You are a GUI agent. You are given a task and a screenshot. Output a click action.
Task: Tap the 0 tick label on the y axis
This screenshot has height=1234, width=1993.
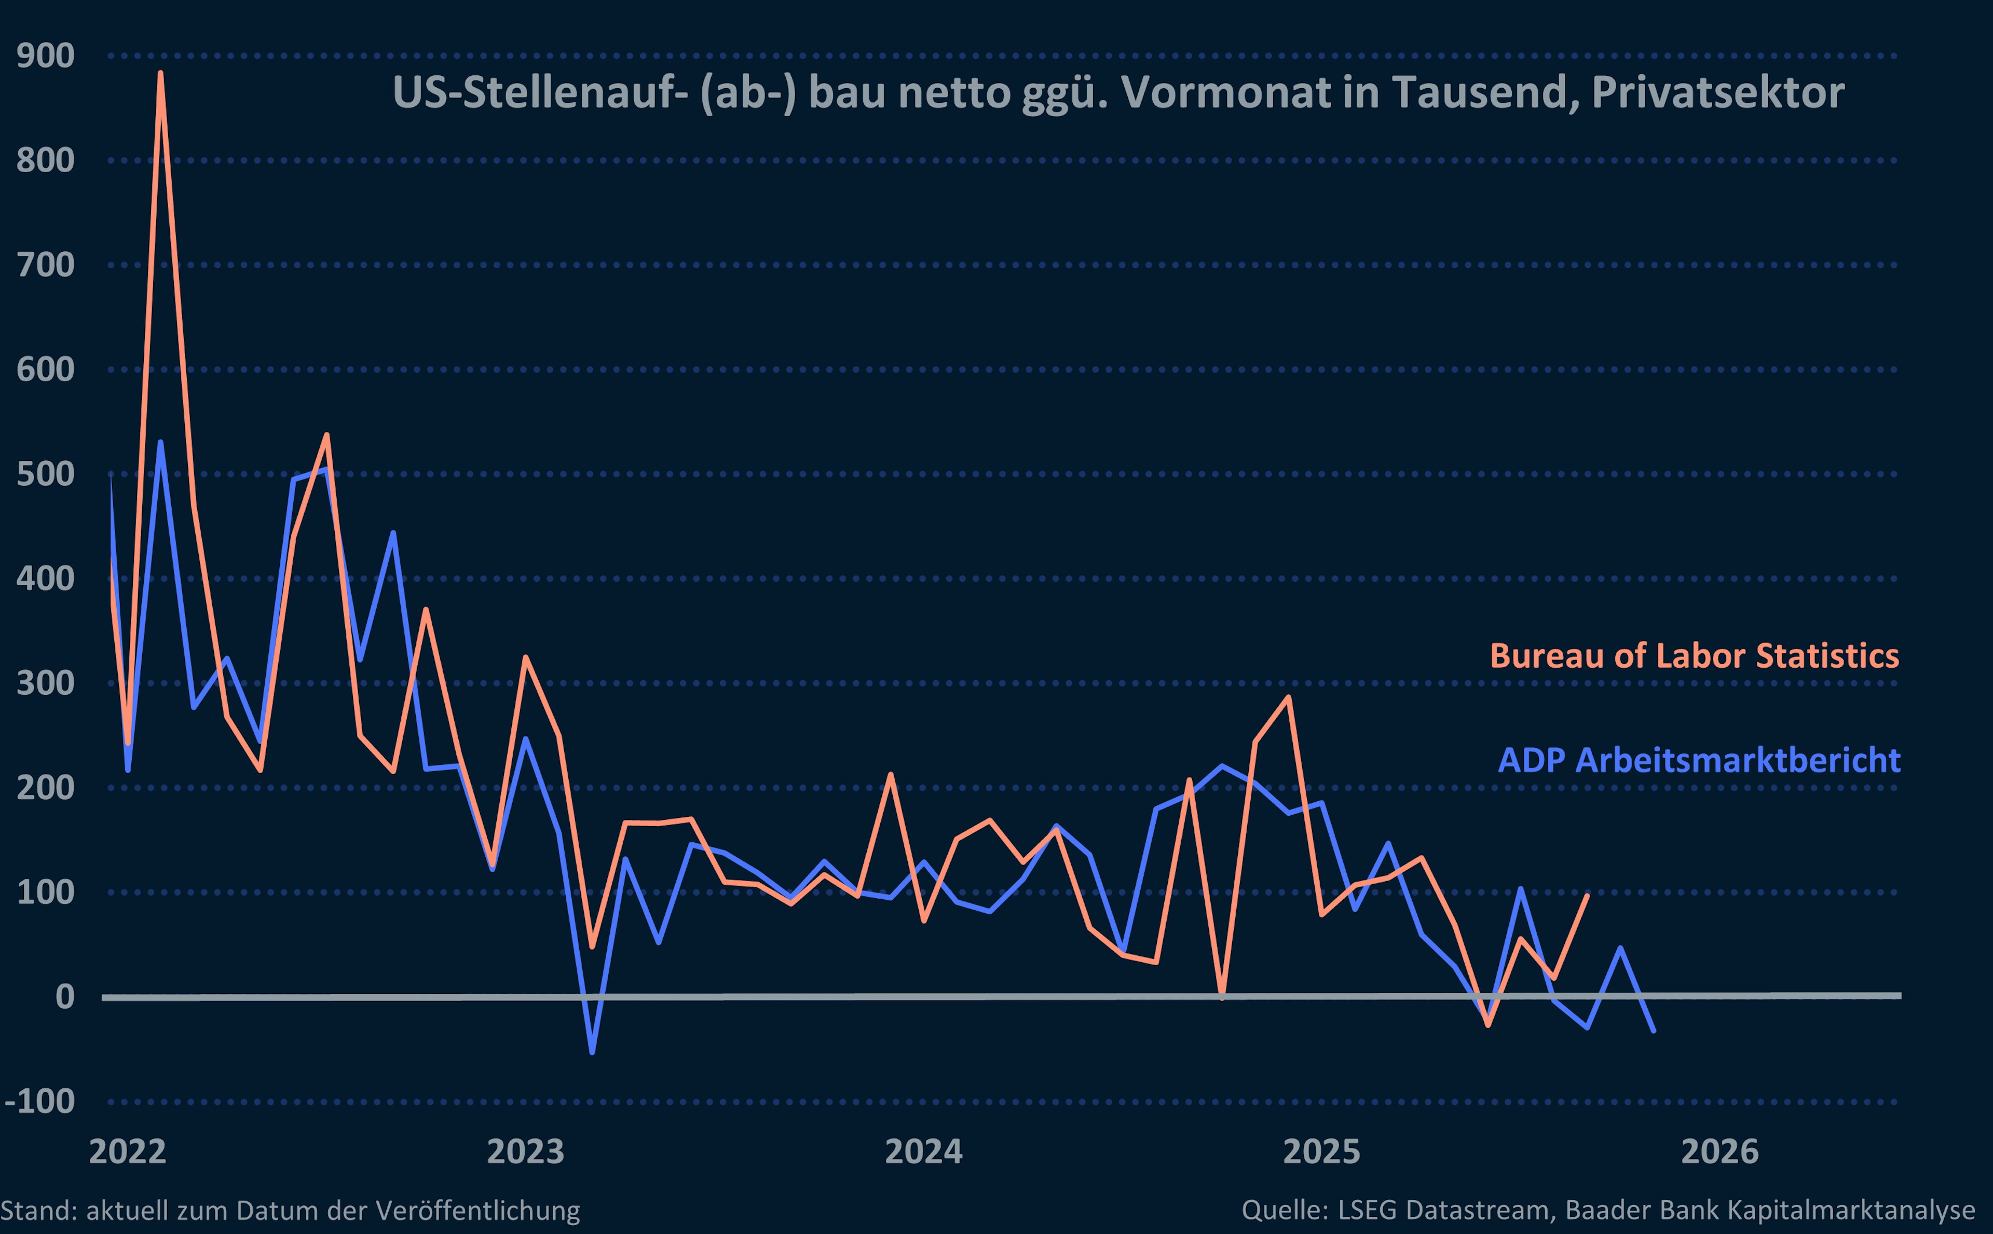(64, 996)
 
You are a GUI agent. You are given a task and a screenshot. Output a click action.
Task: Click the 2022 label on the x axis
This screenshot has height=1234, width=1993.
(127, 1151)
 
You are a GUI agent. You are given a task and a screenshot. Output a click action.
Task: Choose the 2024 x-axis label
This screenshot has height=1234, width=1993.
(924, 1151)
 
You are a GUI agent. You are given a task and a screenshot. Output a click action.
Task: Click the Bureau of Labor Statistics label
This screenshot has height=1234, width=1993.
(1694, 656)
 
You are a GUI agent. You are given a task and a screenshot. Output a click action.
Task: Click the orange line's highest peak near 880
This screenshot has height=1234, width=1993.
(160, 74)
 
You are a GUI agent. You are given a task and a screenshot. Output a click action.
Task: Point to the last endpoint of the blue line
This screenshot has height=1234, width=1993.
(1654, 1031)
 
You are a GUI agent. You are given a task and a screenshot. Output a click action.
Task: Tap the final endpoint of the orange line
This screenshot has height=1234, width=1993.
(1587, 895)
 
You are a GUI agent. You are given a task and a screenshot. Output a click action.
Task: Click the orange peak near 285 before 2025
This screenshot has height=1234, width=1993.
(1289, 697)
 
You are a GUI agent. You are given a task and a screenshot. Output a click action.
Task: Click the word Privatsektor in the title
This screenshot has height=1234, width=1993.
(1718, 92)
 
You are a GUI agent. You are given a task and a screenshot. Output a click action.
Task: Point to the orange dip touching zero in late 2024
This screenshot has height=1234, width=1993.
(1222, 996)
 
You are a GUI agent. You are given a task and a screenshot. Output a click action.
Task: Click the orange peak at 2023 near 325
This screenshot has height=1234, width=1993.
(526, 657)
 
